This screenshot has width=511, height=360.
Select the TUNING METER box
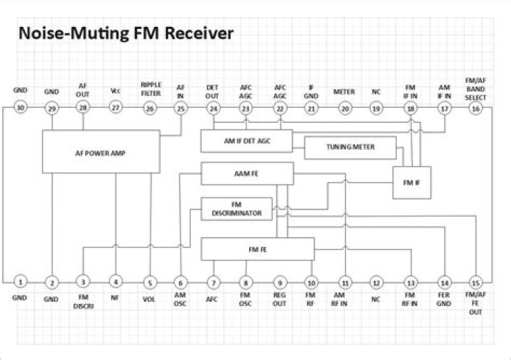coord(350,148)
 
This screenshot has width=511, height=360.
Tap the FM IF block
coord(412,182)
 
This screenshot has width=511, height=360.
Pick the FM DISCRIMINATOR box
coord(236,209)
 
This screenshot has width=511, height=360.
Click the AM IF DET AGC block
coord(246,141)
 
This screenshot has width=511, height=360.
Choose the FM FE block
coord(258,249)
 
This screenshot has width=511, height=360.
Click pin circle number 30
coord(21,108)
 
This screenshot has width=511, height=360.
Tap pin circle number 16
coord(476,108)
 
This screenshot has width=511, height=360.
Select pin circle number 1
coord(21,282)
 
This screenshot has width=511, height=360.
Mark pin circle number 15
coord(476,282)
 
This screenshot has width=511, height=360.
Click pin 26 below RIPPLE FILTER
coord(149,108)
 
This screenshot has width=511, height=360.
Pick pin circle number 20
coord(344,108)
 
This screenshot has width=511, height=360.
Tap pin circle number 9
coord(279,282)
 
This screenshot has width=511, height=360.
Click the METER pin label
coord(344,92)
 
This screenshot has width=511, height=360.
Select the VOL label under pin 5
coord(149,299)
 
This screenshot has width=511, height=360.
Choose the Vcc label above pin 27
coord(116,91)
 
